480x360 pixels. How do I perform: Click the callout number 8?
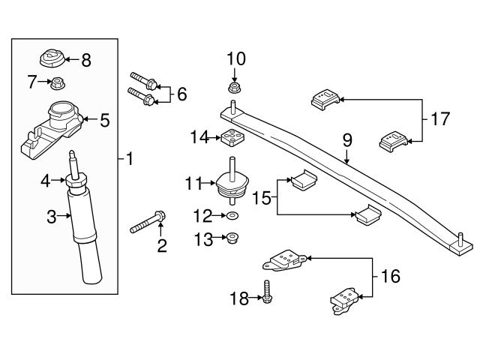[85, 60]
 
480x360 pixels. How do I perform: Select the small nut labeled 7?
[57, 82]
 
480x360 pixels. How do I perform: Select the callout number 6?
[181, 94]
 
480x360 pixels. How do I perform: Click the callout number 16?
[390, 277]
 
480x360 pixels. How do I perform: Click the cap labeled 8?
[52, 56]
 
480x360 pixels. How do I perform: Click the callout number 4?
[44, 180]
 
